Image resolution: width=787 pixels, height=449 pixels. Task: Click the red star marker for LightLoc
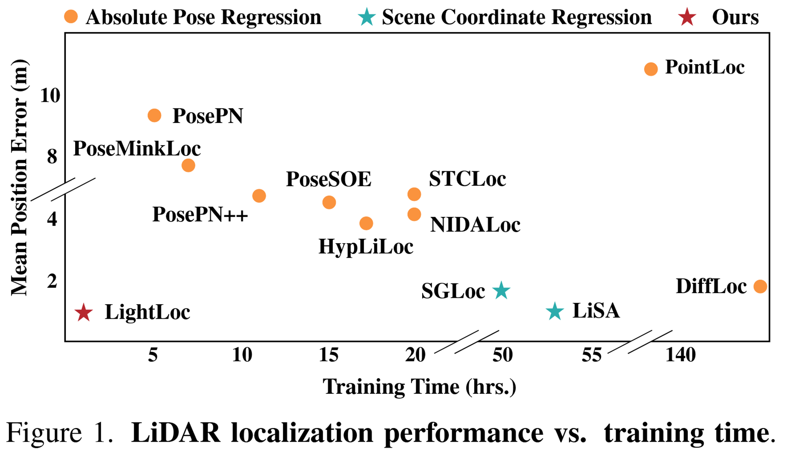pyautogui.click(x=84, y=313)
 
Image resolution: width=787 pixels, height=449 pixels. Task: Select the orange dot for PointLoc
pyautogui.click(x=651, y=69)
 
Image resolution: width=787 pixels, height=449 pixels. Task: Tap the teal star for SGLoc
pyautogui.click(x=501, y=291)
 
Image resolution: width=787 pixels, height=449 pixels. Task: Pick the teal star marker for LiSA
pyautogui.click(x=555, y=311)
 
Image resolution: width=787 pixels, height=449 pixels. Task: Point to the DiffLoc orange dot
pyautogui.click(x=760, y=286)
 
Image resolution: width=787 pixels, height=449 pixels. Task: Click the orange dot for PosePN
pyautogui.click(x=154, y=115)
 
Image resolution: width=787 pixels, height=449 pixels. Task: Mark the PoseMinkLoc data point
pyautogui.click(x=188, y=165)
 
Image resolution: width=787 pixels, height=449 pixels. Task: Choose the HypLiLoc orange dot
pyautogui.click(x=366, y=223)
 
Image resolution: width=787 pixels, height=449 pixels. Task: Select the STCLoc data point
pyautogui.click(x=414, y=194)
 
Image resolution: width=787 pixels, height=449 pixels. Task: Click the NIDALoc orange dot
pyautogui.click(x=414, y=214)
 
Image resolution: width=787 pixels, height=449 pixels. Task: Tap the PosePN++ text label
pyautogui.click(x=200, y=214)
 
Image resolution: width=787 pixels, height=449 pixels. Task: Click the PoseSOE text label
pyautogui.click(x=329, y=179)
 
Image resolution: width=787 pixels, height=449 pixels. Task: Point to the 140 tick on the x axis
pyautogui.click(x=681, y=355)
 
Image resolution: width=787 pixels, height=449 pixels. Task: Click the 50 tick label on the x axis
pyautogui.click(x=502, y=355)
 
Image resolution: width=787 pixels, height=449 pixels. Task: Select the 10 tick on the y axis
pyautogui.click(x=50, y=95)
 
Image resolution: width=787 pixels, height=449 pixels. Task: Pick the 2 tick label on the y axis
pyautogui.click(x=52, y=281)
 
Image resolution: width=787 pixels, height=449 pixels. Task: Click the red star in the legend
pyautogui.click(x=687, y=18)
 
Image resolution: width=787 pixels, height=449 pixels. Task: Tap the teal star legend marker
pyautogui.click(x=367, y=18)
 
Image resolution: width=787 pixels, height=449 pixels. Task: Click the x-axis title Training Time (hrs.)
pyautogui.click(x=419, y=387)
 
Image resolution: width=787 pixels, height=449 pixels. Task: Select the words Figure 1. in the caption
pyautogui.click(x=60, y=432)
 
